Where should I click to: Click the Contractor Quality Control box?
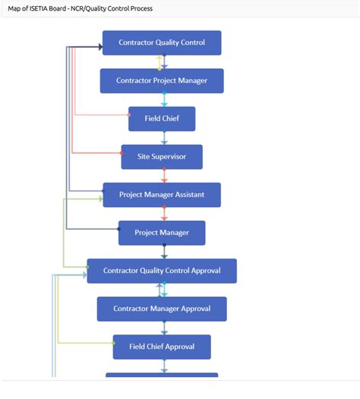click(161, 42)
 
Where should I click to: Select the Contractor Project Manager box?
click(161, 80)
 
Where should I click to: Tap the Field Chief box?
click(161, 118)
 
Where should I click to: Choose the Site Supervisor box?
click(161, 157)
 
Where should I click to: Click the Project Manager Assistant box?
click(161, 195)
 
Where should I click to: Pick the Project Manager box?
click(161, 232)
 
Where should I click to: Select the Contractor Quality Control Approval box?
click(161, 271)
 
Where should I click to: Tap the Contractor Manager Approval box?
click(161, 309)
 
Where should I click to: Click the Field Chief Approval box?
click(161, 347)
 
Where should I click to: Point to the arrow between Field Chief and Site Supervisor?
click(163, 138)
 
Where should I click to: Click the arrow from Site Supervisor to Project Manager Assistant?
click(163, 176)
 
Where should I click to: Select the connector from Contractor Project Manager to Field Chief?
click(163, 99)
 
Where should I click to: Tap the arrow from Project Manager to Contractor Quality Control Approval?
click(163, 252)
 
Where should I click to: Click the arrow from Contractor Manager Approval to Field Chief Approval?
click(163, 328)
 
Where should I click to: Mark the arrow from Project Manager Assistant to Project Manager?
click(163, 213)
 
